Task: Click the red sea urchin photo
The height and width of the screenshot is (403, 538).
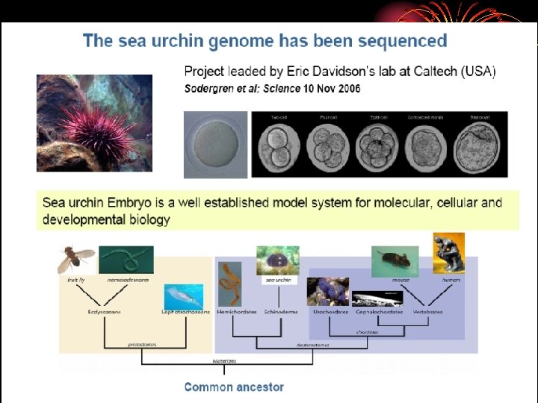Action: pyautogui.click(x=94, y=123)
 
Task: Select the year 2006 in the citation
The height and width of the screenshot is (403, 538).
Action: pyautogui.click(x=346, y=89)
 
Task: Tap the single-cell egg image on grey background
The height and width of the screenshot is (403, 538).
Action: pyautogui.click(x=215, y=145)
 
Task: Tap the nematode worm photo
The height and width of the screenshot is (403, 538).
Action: pyautogui.click(x=126, y=259)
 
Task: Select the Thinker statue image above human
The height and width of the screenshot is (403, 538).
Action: pyautogui.click(x=448, y=253)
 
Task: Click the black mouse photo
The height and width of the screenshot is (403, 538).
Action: pyautogui.click(x=395, y=260)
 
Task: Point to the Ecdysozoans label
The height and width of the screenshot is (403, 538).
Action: pyautogui.click(x=104, y=312)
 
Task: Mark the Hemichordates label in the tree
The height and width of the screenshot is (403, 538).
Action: pyautogui.click(x=232, y=312)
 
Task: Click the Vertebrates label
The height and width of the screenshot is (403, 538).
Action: pyautogui.click(x=427, y=312)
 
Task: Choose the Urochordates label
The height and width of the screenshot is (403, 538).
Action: pyautogui.click(x=330, y=312)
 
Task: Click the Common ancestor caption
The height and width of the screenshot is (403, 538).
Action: pyautogui.click(x=234, y=387)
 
